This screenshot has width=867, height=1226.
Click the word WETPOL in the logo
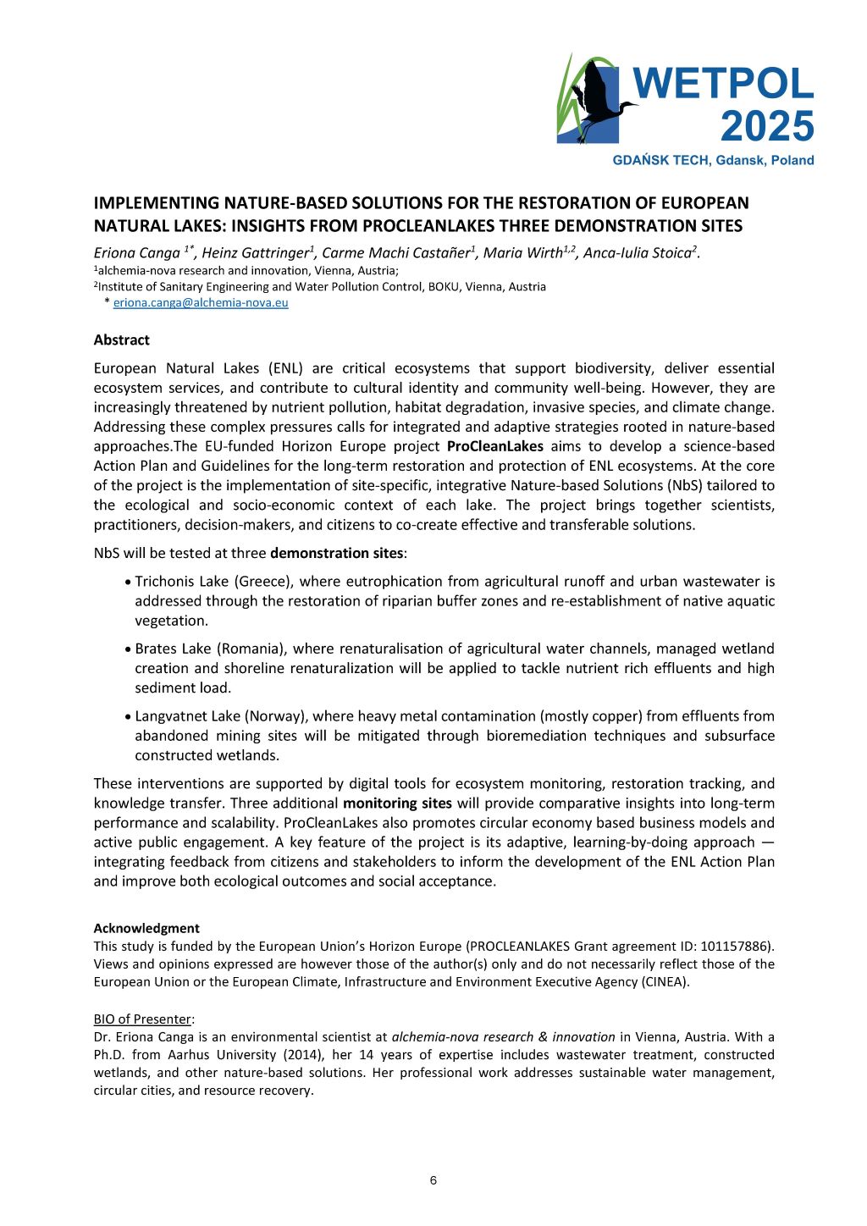[723, 84]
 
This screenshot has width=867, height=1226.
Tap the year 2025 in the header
[766, 127]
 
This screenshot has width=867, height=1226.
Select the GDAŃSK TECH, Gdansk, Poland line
[713, 160]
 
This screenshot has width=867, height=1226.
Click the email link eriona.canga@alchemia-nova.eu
[201, 302]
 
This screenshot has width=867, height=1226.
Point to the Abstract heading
[121, 340]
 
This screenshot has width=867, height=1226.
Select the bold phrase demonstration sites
[336, 553]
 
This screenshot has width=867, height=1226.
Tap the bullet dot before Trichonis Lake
[127, 582]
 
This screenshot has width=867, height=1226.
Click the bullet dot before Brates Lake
[127, 649]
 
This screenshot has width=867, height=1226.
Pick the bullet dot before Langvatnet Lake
[127, 716]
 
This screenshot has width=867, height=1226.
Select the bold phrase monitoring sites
[397, 803]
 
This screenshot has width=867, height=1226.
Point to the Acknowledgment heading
[146, 928]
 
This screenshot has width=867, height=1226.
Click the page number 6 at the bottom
[433, 1181]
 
